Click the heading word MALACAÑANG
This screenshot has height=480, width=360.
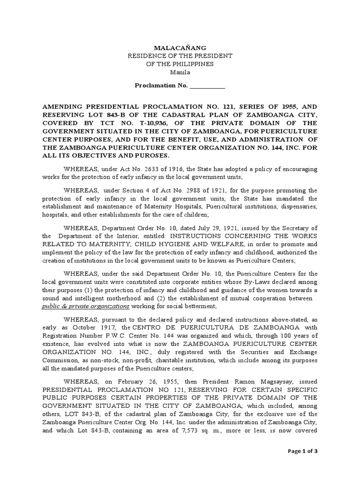click(x=180, y=48)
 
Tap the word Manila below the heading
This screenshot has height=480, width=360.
click(x=180, y=72)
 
